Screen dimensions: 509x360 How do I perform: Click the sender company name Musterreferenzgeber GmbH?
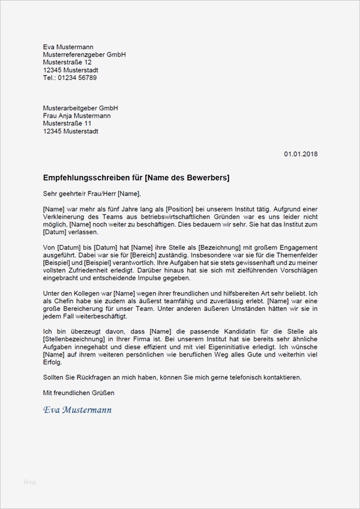coord(84,55)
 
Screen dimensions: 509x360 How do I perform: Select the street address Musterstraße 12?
coord(67,62)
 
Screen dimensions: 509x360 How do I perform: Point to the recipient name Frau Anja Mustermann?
coord(77,116)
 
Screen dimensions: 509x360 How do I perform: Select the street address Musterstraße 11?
coord(67,124)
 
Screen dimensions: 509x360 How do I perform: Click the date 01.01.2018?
coord(301,154)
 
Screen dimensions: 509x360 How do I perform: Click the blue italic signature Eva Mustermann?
coord(77,411)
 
